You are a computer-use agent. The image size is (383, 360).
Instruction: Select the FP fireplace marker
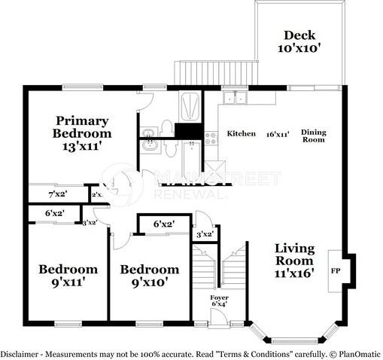point(336,271)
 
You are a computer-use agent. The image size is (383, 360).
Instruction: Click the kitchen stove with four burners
point(211,137)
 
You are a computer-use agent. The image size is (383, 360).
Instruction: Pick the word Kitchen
point(242,133)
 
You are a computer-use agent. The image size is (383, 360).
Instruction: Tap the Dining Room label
point(313,136)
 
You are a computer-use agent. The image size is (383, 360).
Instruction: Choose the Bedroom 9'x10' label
point(150,276)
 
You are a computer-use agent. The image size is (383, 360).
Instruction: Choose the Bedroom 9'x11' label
point(68,276)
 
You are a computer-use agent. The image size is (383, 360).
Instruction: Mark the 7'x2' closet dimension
point(57,195)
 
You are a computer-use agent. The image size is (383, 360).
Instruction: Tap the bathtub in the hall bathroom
point(190,155)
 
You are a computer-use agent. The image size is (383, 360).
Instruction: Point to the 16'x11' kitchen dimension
point(278,134)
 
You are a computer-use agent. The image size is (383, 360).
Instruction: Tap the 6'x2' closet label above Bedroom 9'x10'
point(163,224)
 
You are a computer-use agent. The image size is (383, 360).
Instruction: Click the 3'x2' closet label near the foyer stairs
point(205,234)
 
